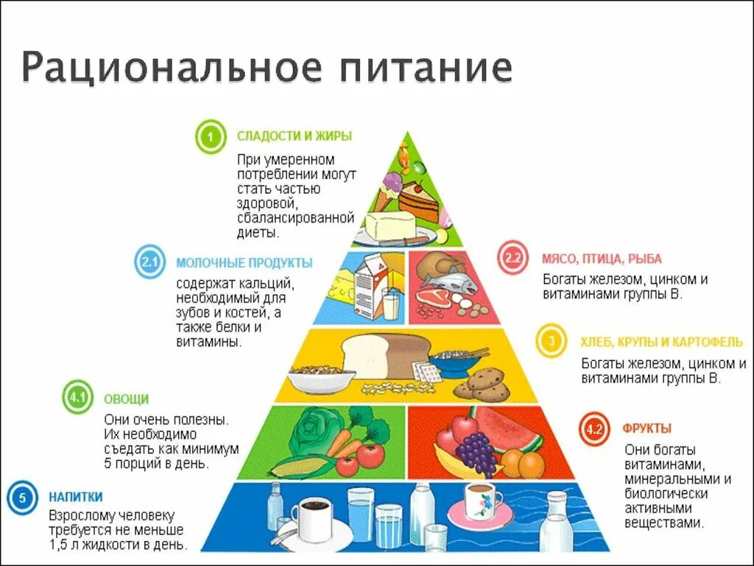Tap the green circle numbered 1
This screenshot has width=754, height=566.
pyautogui.click(x=210, y=138)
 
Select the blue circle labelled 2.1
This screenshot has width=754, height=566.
pyautogui.click(x=150, y=263)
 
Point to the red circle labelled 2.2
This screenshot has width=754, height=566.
pyautogui.click(x=513, y=259)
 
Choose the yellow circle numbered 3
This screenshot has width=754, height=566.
pyautogui.click(x=552, y=341)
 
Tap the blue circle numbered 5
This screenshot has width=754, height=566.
pyautogui.click(x=22, y=497)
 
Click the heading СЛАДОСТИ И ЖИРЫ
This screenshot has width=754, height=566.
pyautogui.click(x=294, y=136)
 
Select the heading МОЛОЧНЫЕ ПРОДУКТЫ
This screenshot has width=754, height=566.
pyautogui.click(x=244, y=263)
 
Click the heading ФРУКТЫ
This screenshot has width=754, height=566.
pyautogui.click(x=646, y=428)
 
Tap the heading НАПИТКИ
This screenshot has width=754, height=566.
pyautogui.click(x=76, y=497)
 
